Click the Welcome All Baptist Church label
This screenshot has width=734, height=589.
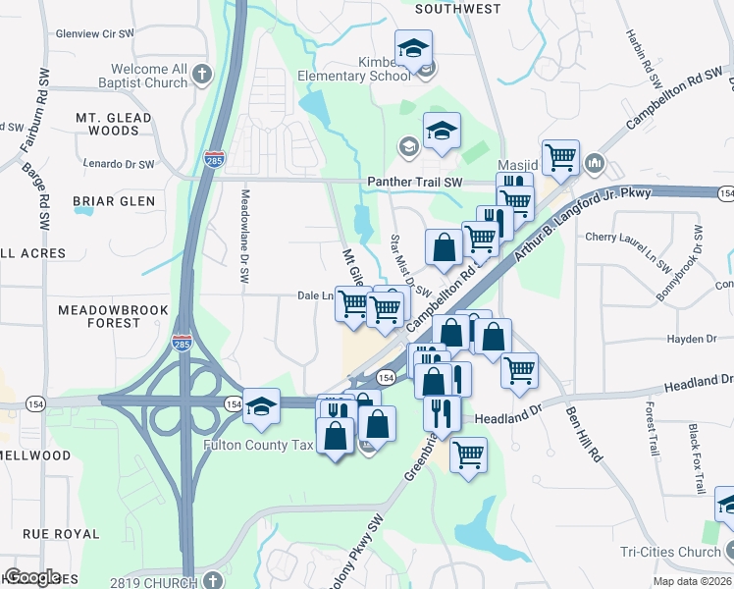(x=149, y=76)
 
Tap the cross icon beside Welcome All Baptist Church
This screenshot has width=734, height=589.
(x=202, y=74)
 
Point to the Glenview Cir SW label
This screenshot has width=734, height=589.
(x=94, y=33)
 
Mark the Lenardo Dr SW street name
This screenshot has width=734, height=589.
(x=119, y=164)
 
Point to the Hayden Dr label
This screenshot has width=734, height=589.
(x=692, y=339)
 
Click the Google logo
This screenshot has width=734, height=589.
(x=32, y=577)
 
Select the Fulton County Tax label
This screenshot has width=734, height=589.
(x=258, y=445)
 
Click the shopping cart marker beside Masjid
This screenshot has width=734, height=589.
(x=560, y=156)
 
